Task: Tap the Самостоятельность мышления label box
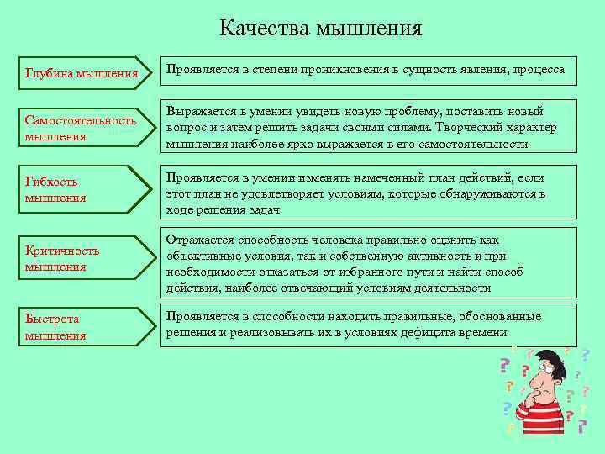pyautogui.click(x=82, y=128)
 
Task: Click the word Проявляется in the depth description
pyautogui.click(x=203, y=69)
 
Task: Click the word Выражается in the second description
pyautogui.click(x=203, y=112)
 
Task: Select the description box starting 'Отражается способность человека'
pyautogui.click(x=371, y=263)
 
